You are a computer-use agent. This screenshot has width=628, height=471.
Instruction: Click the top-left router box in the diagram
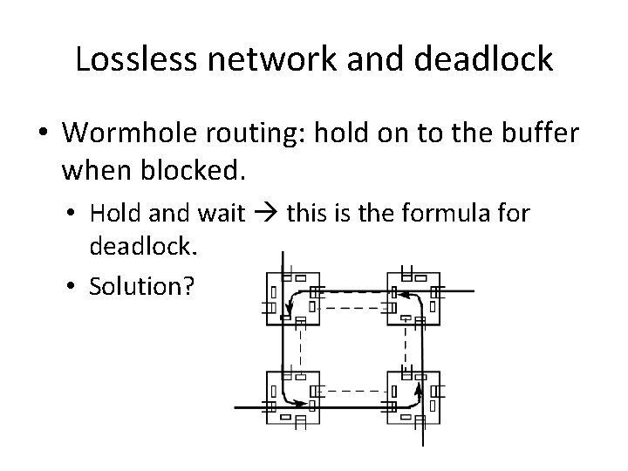(291, 296)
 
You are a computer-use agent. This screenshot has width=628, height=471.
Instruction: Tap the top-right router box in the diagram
(409, 296)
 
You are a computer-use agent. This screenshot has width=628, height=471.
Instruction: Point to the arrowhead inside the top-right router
(394, 292)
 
